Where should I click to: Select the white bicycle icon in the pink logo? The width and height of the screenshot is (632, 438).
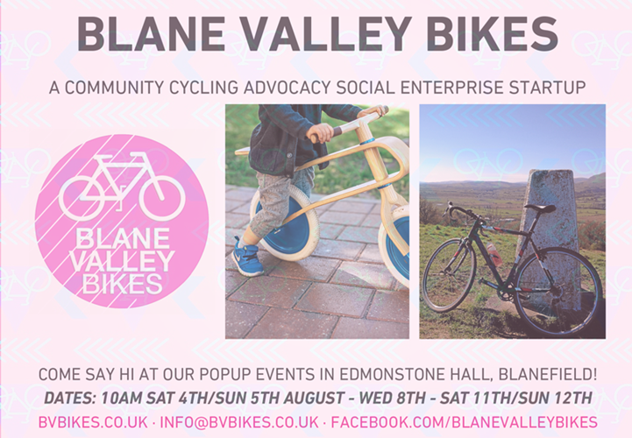click(122, 186)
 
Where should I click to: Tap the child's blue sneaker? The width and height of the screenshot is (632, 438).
click(246, 257)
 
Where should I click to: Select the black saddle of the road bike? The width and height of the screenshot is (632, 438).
click(540, 208)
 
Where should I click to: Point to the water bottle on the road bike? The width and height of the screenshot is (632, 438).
click(494, 254)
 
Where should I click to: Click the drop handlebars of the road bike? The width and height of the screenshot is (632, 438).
click(465, 215)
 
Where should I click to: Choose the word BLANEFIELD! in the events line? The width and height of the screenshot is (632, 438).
click(547, 374)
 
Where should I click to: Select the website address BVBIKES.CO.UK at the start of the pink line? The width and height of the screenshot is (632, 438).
click(93, 422)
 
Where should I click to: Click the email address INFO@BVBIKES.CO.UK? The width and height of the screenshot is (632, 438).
click(239, 422)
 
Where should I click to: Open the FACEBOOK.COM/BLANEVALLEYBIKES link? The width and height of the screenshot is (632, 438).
click(465, 422)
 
